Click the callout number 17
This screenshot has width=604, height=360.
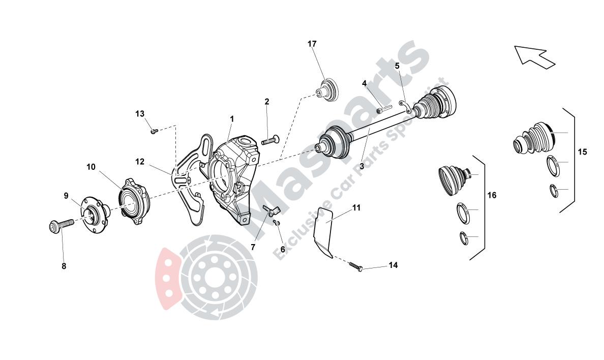[312, 44]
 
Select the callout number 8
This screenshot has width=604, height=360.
[64, 266]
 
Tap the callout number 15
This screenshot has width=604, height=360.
[583, 152]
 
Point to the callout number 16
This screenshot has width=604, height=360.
[492, 195]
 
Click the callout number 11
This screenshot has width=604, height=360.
[357, 208]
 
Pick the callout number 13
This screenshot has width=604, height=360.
[140, 114]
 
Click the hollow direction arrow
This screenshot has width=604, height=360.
[535, 57]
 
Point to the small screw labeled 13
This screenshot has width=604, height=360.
[154, 131]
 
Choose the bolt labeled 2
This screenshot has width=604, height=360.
[270, 139]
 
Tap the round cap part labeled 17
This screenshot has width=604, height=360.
[327, 90]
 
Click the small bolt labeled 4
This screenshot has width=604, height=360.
[384, 109]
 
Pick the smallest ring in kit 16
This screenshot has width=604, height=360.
[465, 238]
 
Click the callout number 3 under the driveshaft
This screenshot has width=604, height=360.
[361, 166]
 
